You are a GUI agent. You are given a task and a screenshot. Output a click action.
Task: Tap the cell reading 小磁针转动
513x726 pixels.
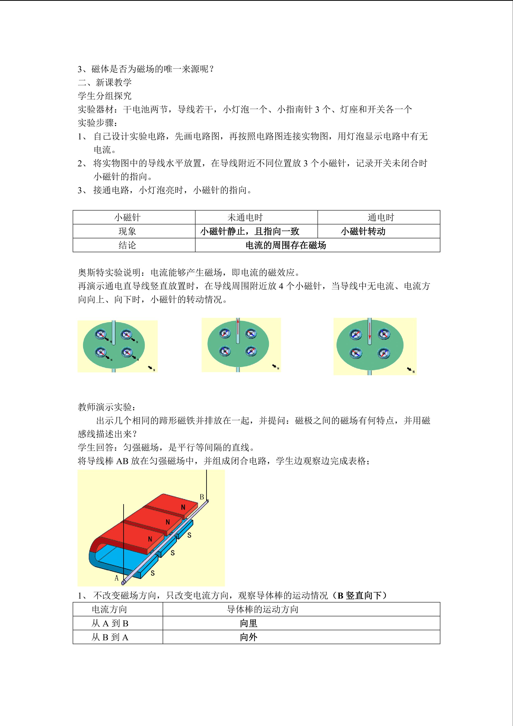[363, 231]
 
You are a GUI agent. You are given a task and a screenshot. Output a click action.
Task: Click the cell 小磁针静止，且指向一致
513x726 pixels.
[249, 231]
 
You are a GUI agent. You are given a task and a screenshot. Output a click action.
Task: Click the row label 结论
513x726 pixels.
[127, 245]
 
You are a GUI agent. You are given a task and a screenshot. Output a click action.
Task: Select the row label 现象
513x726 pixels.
[127, 231]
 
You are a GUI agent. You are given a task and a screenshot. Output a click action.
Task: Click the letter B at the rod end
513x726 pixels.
[202, 497]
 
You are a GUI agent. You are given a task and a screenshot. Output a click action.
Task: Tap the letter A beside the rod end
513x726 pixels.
[117, 578]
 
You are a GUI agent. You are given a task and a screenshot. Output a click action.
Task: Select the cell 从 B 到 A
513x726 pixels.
[110, 637]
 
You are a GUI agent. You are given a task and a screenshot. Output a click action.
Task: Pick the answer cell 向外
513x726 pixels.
[249, 637]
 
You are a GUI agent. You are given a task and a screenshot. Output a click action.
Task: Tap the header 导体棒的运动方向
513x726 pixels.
[262, 609]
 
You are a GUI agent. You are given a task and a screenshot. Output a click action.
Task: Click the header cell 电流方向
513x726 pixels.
[109, 609]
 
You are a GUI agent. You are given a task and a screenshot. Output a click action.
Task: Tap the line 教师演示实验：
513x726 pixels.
[107, 407]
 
